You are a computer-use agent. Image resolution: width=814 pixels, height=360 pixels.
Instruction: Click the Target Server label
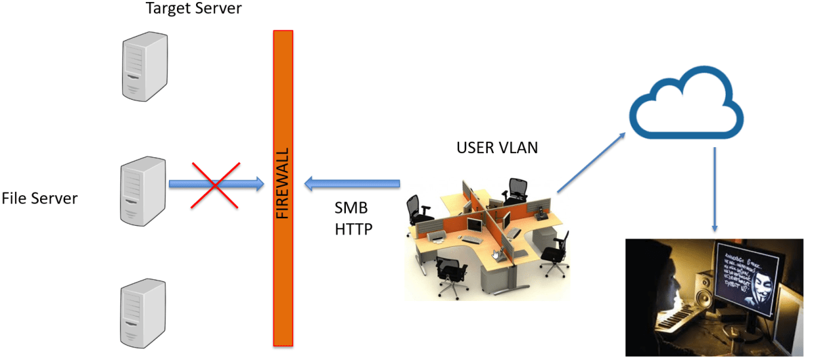click(x=193, y=9)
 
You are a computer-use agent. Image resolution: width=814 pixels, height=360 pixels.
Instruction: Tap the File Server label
click(x=39, y=199)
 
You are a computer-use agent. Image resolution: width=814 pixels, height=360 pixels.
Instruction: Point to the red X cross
click(x=214, y=184)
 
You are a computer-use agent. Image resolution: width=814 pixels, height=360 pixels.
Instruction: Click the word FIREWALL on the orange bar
click(x=283, y=182)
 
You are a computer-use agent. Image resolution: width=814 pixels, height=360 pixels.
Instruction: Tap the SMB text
click(x=351, y=207)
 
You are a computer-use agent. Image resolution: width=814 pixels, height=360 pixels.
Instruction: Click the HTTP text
click(x=353, y=229)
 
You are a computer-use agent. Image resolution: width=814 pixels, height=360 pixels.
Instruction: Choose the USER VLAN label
click(x=497, y=147)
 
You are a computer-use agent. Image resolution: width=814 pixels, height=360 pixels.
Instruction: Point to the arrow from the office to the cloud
click(x=591, y=163)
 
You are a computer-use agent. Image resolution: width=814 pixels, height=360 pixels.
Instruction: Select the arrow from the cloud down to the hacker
click(x=715, y=191)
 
